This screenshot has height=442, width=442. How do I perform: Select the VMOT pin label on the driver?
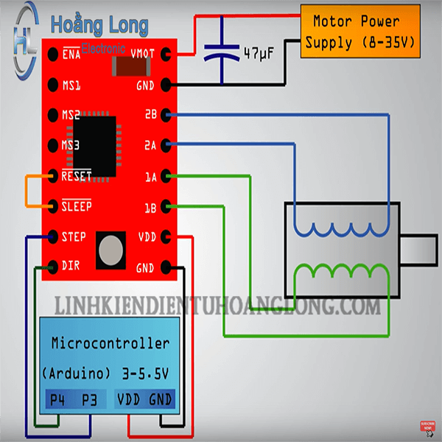tap(143, 54)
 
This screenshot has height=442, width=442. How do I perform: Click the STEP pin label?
tap(74, 237)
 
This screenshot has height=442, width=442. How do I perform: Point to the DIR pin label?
tap(71, 265)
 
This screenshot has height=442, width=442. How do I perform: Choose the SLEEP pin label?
tap(77, 206)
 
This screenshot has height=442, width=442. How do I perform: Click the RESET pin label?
tap(77, 176)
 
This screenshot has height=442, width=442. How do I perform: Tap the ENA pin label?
tap(71, 54)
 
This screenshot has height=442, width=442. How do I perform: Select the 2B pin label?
tap(151, 115)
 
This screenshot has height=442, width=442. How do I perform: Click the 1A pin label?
tap(151, 176)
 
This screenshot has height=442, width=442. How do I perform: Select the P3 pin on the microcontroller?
tap(90, 400)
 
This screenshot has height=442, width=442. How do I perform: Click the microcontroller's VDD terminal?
tap(130, 400)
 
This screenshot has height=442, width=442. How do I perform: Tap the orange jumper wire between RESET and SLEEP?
tap(27, 192)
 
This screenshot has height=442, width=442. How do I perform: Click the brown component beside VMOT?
tap(130, 67)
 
